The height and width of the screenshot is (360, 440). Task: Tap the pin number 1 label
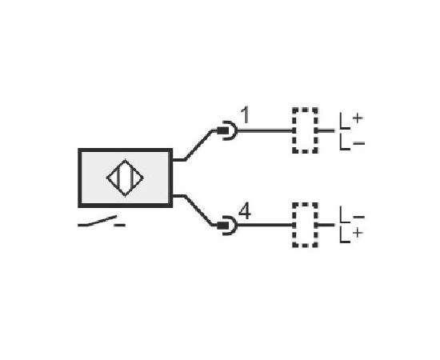click(246, 114)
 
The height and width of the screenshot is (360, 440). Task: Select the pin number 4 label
click(245, 211)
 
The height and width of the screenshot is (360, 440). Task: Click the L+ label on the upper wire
click(350, 121)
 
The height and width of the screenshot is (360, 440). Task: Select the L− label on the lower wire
click(352, 215)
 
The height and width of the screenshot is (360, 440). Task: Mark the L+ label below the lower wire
click(350, 235)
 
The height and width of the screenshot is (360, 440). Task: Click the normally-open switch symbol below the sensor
click(97, 221)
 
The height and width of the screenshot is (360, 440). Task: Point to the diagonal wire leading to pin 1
click(198, 145)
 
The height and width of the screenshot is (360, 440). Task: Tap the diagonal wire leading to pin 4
click(198, 210)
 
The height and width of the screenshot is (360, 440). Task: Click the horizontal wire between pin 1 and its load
click(265, 130)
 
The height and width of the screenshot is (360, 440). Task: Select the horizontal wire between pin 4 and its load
click(265, 225)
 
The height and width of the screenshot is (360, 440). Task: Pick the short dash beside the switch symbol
click(119, 225)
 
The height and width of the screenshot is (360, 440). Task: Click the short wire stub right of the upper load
click(326, 130)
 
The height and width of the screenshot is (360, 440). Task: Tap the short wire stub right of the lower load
click(326, 225)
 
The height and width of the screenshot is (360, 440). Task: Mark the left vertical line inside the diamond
click(119, 178)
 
